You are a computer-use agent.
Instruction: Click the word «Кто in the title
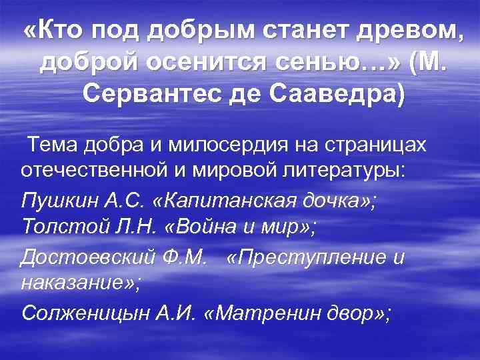click(x=57, y=31)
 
